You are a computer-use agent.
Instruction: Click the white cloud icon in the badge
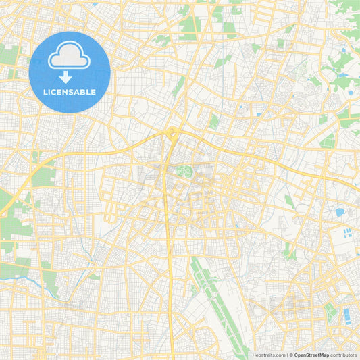[70, 56]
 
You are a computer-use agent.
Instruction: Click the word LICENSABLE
[70, 92]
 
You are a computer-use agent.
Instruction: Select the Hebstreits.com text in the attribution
[268, 355]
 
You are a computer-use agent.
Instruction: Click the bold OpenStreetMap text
[311, 355]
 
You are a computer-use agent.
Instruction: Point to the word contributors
[343, 355]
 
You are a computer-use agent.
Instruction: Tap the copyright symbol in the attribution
[291, 355]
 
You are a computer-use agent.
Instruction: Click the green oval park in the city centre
[182, 170]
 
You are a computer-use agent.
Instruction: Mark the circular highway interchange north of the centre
[173, 132]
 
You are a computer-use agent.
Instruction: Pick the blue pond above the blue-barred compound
[340, 212]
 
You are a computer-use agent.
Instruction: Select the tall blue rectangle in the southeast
[347, 316]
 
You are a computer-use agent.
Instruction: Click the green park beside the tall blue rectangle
[330, 311]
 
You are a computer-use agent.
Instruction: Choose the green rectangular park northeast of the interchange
[213, 122]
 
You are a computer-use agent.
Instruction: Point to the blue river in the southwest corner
[27, 276]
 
